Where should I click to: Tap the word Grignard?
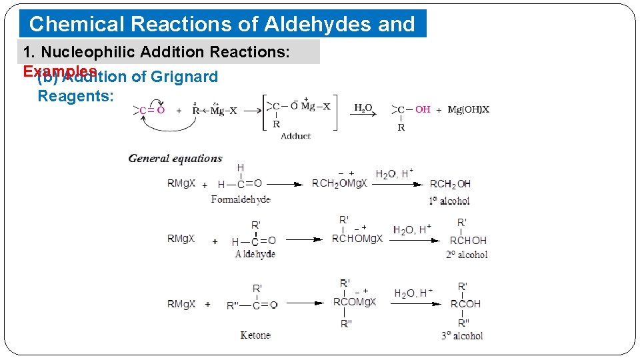pos(184,77)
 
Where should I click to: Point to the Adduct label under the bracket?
pos(295,136)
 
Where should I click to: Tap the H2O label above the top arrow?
pos(363,107)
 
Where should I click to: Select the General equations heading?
pos(175,159)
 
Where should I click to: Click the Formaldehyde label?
pos(241,199)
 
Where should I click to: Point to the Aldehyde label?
pos(255,254)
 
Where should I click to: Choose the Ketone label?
pos(255,335)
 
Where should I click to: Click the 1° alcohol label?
pos(449,201)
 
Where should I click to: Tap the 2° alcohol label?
pos(467,255)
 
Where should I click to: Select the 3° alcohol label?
pos(462,336)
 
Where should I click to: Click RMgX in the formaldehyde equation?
pos(181,184)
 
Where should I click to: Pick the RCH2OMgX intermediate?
pos(339,184)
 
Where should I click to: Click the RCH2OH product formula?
pos(450,184)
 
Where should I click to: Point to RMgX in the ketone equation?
pos(181,304)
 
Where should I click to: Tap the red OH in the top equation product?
pos(423,109)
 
